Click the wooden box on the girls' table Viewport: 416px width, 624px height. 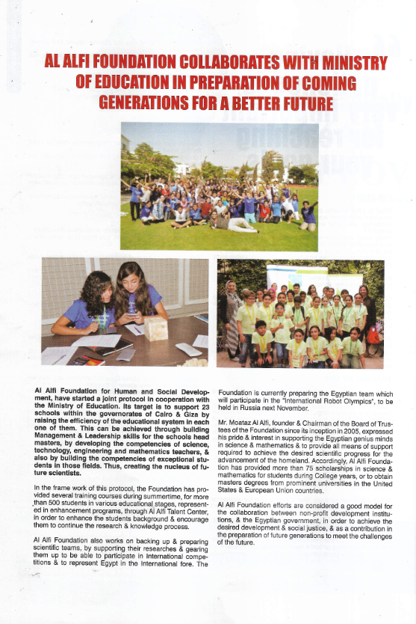pos(155,328)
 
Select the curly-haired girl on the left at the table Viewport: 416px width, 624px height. pos(87,299)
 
